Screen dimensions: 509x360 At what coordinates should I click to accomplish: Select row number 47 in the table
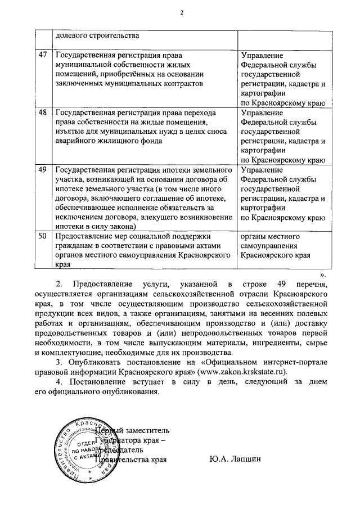click(43, 56)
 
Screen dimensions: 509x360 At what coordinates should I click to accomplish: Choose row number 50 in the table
click(43, 237)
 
